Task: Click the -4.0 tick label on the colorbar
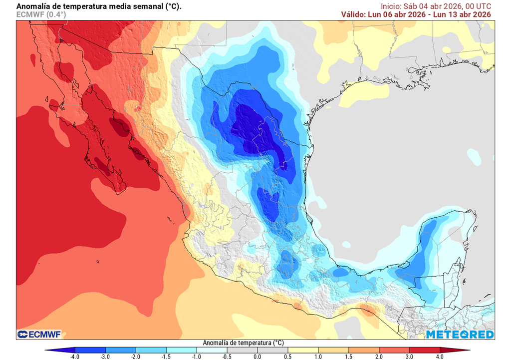(x=74, y=357)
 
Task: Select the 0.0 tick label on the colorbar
(x=257, y=357)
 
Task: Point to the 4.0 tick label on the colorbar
(x=440, y=357)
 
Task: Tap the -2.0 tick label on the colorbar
(x=135, y=357)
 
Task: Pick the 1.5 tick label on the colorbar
(x=348, y=357)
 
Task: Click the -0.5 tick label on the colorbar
(x=227, y=357)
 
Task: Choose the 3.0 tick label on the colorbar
(x=409, y=357)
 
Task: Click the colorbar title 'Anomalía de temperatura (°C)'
(x=243, y=343)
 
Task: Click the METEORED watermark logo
(x=460, y=334)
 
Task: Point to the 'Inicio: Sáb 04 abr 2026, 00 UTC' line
(x=436, y=6)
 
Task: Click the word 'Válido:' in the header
(x=356, y=14)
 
